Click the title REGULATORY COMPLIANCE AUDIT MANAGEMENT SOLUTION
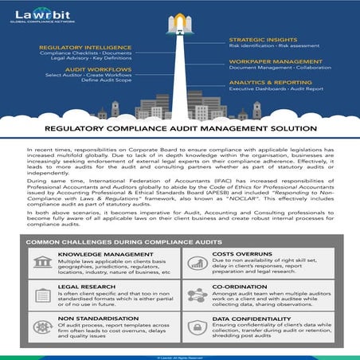tap(180, 127)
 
